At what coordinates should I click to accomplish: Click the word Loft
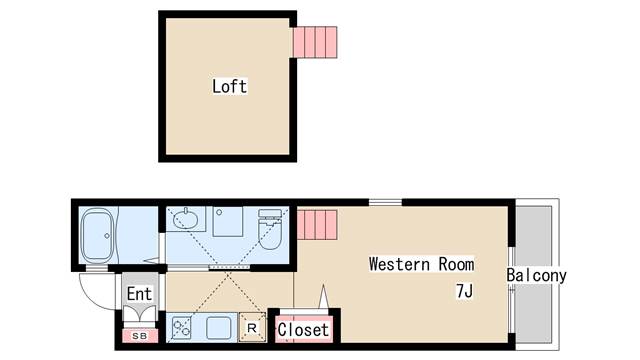[x=229, y=86]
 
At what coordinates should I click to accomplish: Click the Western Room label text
[x=421, y=265]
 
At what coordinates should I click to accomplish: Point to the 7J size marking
[x=463, y=292]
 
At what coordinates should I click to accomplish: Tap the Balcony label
[x=536, y=275]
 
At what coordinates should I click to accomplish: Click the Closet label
[x=303, y=329]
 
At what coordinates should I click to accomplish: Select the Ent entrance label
[x=139, y=294]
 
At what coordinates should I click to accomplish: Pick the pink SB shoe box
[x=139, y=335]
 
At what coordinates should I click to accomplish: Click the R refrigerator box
[x=252, y=327]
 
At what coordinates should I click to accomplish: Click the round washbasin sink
[x=187, y=219]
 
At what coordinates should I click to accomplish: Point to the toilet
[x=270, y=231]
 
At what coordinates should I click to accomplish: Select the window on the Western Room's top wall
[x=384, y=202]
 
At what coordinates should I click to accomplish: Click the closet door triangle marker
[x=324, y=298]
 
